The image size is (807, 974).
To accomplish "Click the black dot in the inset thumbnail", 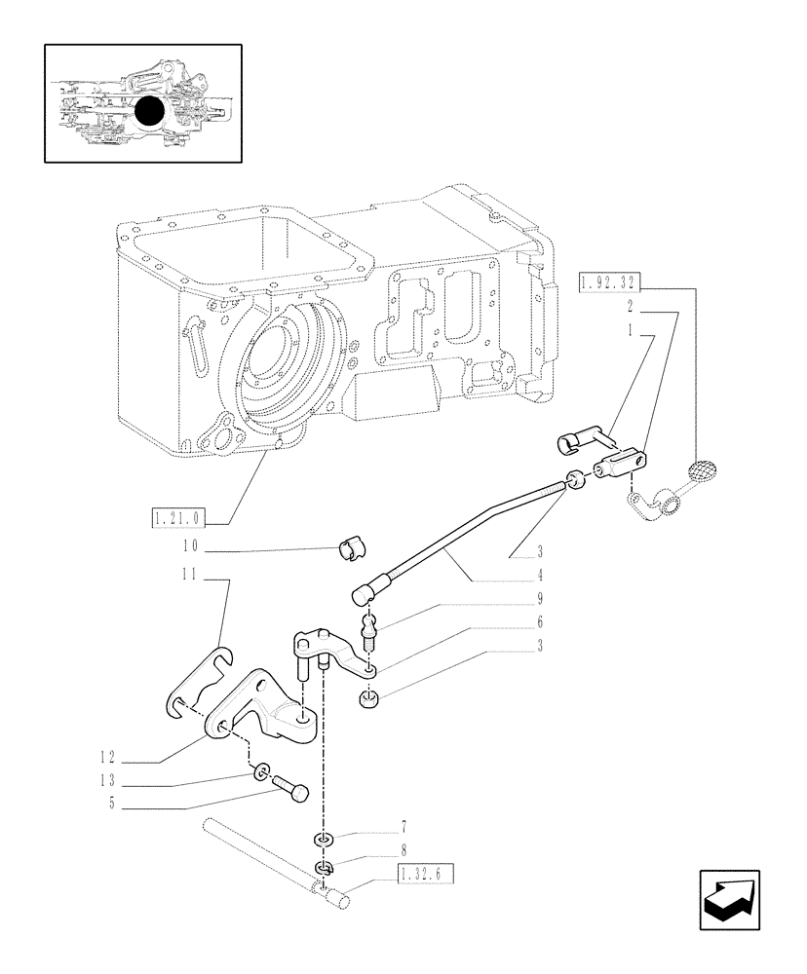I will [x=149, y=112].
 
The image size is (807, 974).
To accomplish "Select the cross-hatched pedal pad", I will [x=705, y=469].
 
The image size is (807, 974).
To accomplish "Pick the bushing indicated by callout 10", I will [x=349, y=551].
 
